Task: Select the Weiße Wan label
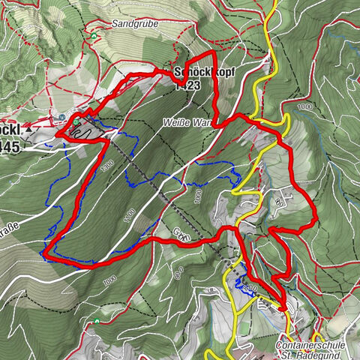(187, 121)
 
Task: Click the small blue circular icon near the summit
(61, 117)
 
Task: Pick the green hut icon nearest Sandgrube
(93, 34)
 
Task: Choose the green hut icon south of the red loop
(97, 321)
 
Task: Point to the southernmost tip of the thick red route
(282, 307)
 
